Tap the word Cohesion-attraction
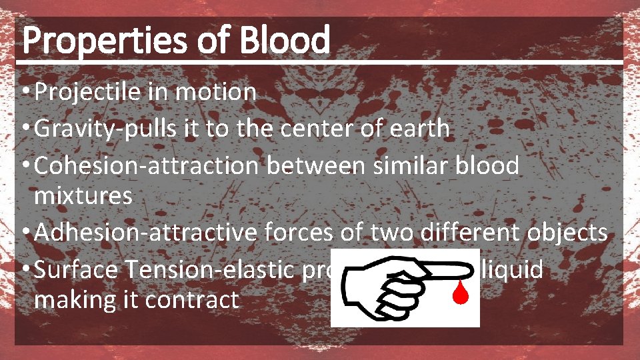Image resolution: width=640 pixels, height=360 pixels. click(147, 165)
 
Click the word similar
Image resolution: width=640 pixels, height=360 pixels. click(397, 165)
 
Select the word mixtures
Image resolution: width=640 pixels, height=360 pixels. click(83, 196)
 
